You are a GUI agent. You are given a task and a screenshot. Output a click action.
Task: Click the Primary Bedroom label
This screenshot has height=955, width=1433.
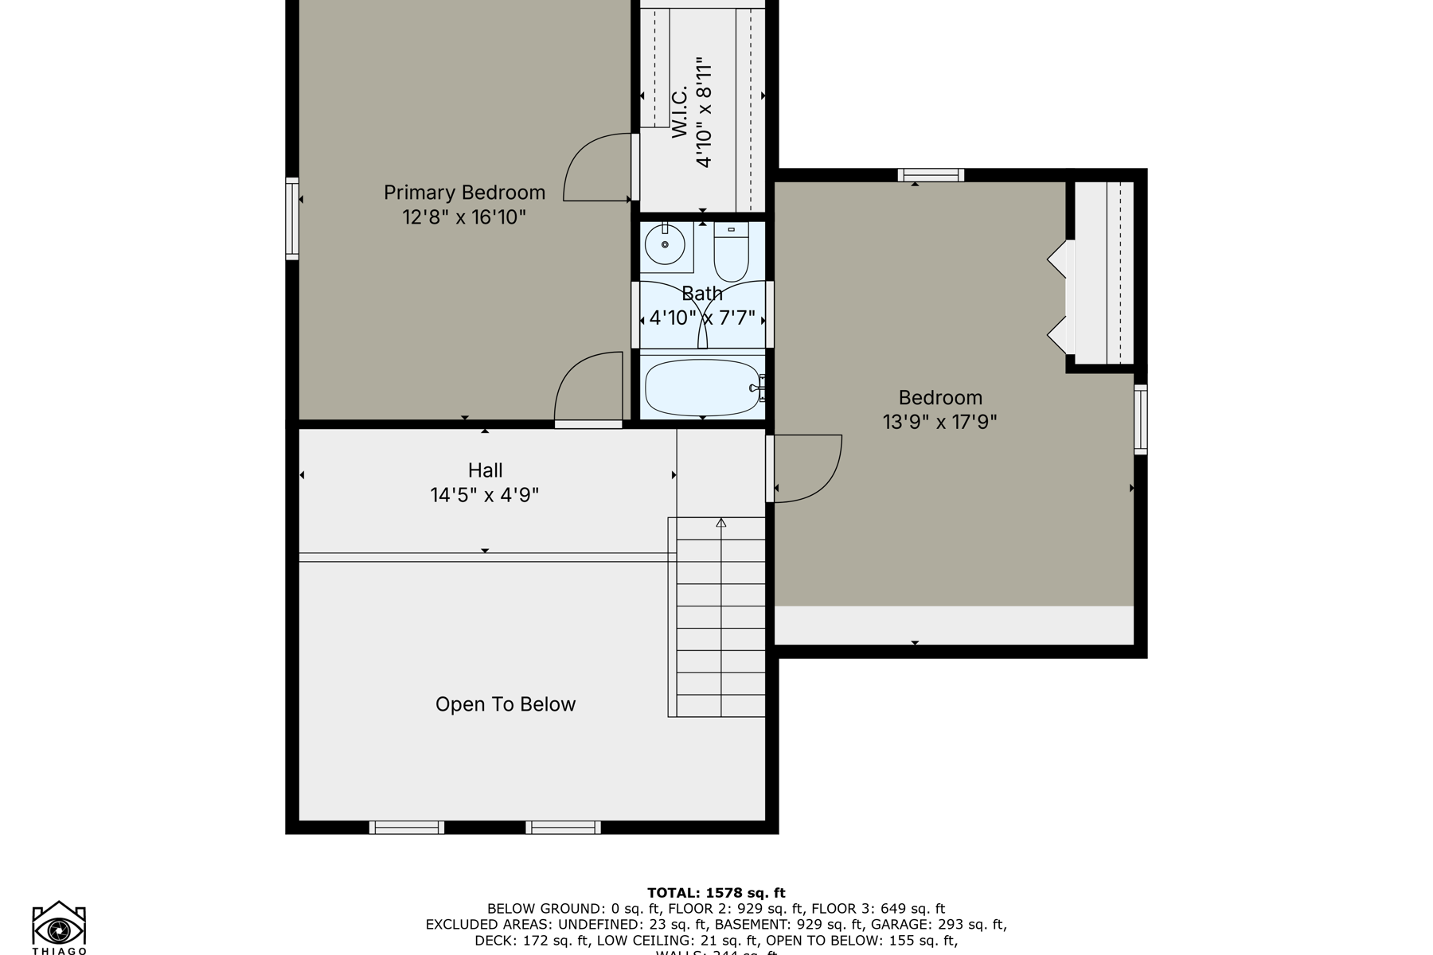(464, 193)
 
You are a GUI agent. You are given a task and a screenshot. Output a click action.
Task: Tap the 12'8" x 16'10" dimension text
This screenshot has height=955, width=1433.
(464, 216)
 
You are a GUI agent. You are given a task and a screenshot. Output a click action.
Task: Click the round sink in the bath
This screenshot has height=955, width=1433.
(665, 244)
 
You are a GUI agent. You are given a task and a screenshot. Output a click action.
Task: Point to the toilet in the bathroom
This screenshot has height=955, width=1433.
(731, 252)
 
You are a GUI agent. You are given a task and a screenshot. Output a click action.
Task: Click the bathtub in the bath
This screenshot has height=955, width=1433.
(702, 388)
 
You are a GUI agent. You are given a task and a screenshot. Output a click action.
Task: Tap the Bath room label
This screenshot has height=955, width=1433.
(702, 294)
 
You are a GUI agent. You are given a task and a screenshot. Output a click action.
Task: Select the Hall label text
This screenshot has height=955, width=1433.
(485, 470)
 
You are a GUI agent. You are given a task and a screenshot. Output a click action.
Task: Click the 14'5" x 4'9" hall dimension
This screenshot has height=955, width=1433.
(485, 495)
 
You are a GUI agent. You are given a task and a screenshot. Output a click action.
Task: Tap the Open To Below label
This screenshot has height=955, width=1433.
(505, 704)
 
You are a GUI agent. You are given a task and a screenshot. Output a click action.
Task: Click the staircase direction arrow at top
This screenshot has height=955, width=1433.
(721, 523)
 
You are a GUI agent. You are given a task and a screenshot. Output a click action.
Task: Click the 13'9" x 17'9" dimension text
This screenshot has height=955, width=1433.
(939, 422)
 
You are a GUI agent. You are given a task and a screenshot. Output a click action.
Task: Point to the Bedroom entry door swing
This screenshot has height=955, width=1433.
(808, 470)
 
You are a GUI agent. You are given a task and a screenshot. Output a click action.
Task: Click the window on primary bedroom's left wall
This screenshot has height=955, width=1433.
(292, 219)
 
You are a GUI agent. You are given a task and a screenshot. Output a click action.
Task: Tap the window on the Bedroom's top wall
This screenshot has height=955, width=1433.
(931, 175)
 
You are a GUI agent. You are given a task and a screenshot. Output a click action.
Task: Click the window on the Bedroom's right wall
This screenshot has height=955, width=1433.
(1140, 419)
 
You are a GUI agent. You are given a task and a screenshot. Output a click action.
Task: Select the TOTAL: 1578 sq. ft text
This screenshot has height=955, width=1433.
(716, 893)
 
